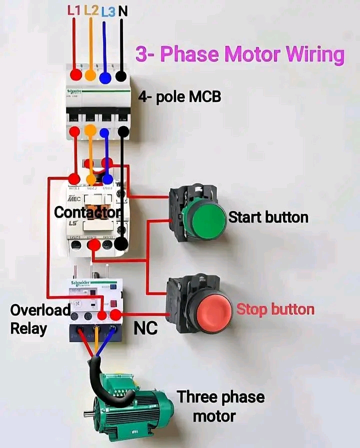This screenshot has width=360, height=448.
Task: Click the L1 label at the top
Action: [x=74, y=10]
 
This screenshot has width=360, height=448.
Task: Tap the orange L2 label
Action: [x=91, y=10]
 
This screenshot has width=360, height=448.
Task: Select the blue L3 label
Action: [x=107, y=11]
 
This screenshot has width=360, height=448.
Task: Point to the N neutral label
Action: [x=122, y=10]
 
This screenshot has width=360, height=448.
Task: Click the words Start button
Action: [x=268, y=217]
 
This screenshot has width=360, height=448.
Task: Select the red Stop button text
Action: [x=275, y=309]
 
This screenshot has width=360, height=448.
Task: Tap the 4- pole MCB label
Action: [x=179, y=97]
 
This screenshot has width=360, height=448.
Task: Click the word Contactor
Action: [x=87, y=212]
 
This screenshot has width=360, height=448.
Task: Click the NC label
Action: [x=145, y=328]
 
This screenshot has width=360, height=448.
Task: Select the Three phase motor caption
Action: [x=220, y=406]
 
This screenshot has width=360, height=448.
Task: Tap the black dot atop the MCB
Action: [x=120, y=76]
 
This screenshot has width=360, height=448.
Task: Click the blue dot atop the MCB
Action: [x=105, y=77]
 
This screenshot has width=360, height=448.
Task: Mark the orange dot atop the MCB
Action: [x=90, y=75]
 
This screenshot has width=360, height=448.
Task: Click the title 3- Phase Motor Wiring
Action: [x=240, y=54]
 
